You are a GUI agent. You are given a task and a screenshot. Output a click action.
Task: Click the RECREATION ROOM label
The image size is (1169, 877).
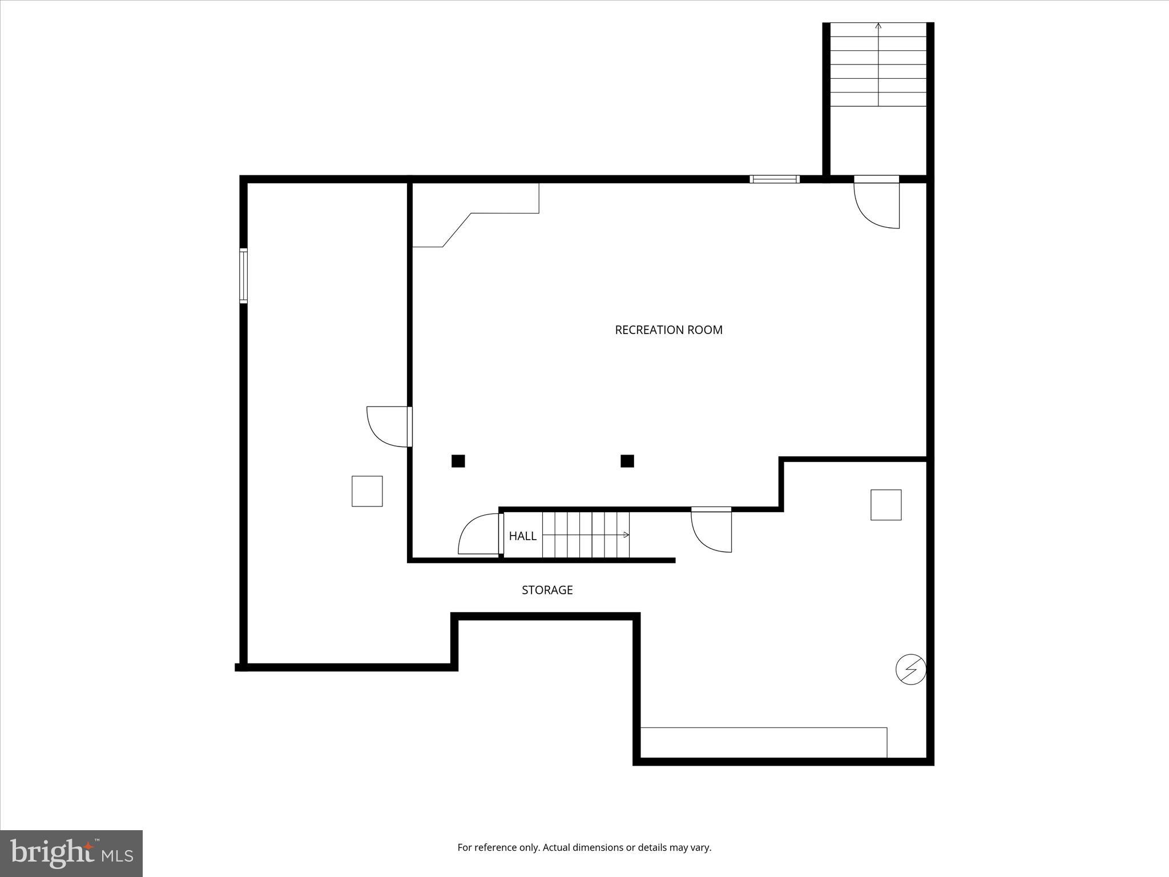click(668, 330)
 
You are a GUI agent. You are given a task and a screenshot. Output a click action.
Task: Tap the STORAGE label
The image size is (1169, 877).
click(547, 590)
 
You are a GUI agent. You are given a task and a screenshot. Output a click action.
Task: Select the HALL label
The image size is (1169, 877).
click(522, 536)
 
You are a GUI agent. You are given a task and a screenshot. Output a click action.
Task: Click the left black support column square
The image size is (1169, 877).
click(458, 461)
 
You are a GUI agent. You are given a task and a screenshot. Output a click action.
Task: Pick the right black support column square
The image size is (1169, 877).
click(627, 461)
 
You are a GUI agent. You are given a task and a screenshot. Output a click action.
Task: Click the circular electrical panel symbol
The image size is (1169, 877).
click(910, 669)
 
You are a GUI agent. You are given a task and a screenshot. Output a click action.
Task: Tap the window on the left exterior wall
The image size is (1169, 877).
click(243, 276)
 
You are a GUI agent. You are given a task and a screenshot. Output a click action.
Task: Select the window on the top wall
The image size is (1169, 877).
click(774, 179)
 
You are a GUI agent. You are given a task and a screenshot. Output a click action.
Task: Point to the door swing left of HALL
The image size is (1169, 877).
click(478, 534)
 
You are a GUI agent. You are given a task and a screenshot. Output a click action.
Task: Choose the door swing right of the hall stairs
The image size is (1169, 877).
click(711, 531)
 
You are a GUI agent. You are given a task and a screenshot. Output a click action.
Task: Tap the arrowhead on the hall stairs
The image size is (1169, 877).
click(627, 535)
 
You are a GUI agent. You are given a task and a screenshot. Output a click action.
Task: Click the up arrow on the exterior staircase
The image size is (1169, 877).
click(878, 26)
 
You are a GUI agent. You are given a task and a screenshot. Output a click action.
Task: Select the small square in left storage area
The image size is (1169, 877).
click(367, 491)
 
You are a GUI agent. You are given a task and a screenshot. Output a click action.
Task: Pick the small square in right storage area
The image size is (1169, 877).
click(885, 505)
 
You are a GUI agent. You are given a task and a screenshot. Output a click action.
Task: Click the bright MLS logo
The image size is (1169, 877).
click(71, 853)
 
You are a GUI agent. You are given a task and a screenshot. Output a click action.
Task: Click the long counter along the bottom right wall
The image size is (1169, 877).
click(764, 742)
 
